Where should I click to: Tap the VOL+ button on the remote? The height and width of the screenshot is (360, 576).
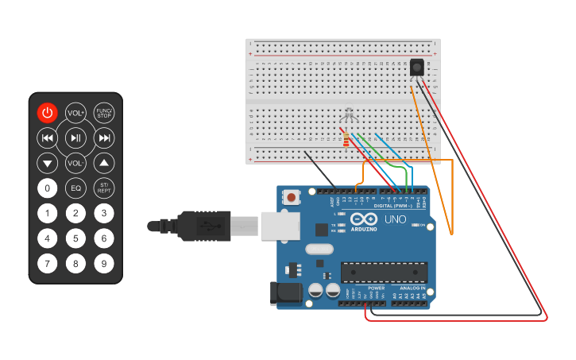point(75,113)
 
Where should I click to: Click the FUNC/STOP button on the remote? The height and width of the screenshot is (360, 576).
point(104,113)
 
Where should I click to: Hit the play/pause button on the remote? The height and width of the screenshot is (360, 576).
point(75,138)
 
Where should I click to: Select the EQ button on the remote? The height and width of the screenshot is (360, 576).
point(75,188)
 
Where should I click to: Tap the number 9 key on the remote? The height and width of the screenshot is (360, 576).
point(104,263)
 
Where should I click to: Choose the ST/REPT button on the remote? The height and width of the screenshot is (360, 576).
point(104,188)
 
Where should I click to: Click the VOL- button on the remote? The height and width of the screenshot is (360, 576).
point(75,163)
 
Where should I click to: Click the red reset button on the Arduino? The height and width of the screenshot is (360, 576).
point(292,197)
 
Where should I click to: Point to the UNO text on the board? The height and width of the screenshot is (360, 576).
point(395,219)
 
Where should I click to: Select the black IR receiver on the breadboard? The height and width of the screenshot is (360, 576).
point(416,68)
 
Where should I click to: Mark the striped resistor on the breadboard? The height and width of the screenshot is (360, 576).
point(346,141)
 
